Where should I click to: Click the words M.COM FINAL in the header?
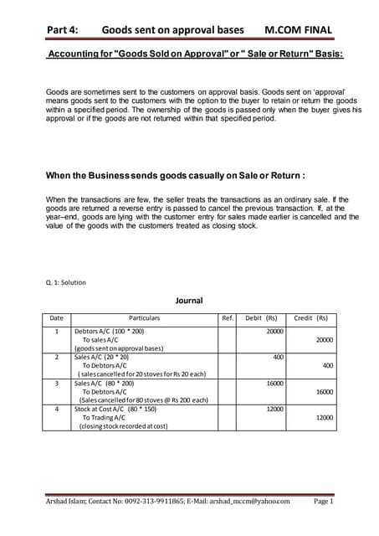pyautogui.click(x=297, y=30)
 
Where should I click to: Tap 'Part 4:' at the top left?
pyautogui.click(x=63, y=30)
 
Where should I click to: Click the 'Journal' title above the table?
pyautogui.click(x=188, y=299)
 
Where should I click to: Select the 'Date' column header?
pyautogui.click(x=56, y=318)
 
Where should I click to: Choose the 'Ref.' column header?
pyautogui.click(x=227, y=318)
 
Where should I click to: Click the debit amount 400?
pyautogui.click(x=278, y=356)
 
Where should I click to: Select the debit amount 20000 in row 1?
pyautogui.click(x=274, y=332)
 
